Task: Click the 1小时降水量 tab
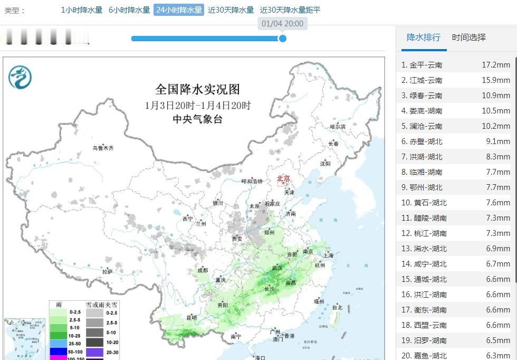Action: point(82,10)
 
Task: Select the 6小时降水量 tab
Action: point(129,10)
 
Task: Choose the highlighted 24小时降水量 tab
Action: point(179,10)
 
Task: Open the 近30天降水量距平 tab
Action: point(290,10)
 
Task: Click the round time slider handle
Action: point(282,38)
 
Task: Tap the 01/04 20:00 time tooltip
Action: point(283,24)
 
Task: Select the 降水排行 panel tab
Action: point(424,37)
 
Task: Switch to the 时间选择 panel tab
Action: point(468,37)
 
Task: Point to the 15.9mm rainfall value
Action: point(496,80)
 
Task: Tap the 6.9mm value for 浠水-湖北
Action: point(498,249)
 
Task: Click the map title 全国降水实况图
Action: point(198,89)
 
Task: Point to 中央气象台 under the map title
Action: point(198,119)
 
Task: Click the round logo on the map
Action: point(20,78)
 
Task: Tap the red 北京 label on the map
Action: point(283,179)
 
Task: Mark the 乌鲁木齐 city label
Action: point(103,148)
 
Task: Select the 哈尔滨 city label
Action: point(337,127)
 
